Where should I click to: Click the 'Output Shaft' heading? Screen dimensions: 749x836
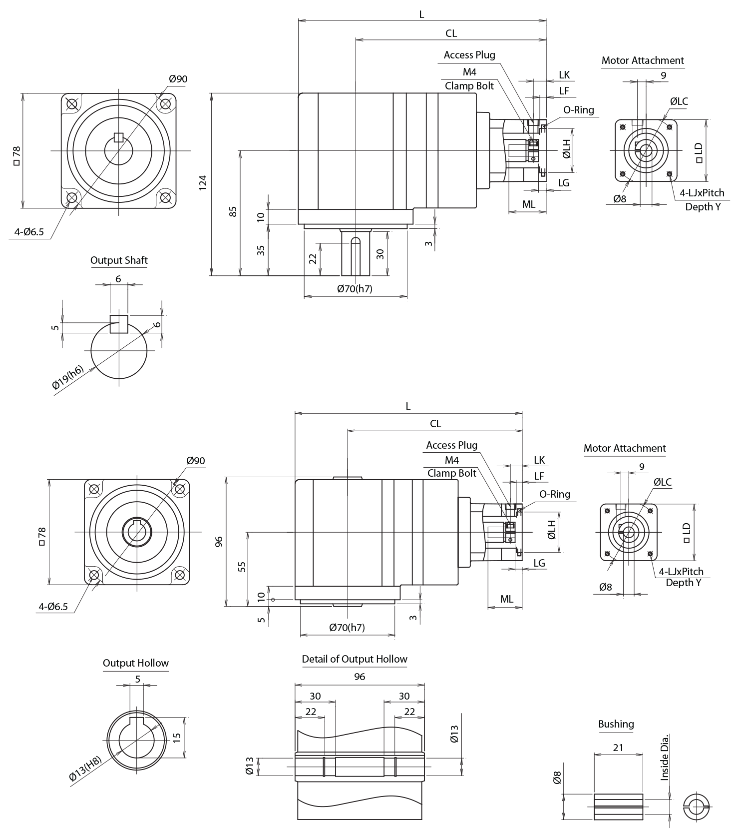pyautogui.click(x=119, y=260)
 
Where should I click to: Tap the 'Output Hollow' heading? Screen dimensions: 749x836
pyautogui.click(x=136, y=663)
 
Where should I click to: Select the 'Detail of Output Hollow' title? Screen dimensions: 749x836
pyautogui.click(x=355, y=659)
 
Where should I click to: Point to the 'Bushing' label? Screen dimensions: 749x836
pyautogui.click(x=616, y=724)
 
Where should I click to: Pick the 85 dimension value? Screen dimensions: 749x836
pyautogui.click(x=233, y=211)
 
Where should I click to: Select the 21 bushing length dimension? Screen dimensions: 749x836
pyautogui.click(x=618, y=748)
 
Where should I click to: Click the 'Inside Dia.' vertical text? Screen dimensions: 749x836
pyautogui.click(x=664, y=758)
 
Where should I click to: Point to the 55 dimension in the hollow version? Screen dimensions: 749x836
pyautogui.click(x=242, y=567)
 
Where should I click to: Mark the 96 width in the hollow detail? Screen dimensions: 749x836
pyautogui.click(x=360, y=677)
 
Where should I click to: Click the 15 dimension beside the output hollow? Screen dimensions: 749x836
pyautogui.click(x=177, y=738)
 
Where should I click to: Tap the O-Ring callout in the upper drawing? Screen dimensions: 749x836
pyautogui.click(x=579, y=110)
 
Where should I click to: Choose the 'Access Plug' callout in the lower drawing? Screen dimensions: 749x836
pyautogui.click(x=451, y=445)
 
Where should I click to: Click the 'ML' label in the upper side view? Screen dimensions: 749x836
pyautogui.click(x=529, y=204)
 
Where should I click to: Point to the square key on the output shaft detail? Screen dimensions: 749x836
pyautogui.click(x=119, y=324)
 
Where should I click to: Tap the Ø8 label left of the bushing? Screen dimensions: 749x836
pyautogui.click(x=558, y=778)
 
